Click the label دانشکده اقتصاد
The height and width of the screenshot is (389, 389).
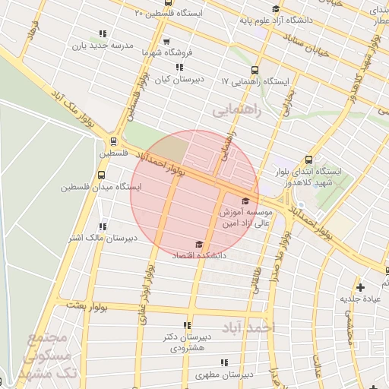[200, 256]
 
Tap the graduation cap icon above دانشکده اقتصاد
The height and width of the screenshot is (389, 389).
[199, 245]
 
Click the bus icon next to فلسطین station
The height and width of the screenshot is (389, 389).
[113, 141]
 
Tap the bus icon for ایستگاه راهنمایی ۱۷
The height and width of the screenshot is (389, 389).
[254, 69]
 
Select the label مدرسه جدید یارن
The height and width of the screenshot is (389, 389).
[103, 45]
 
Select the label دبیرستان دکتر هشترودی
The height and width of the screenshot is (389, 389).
[184, 341]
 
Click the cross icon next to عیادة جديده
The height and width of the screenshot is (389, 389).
[360, 287]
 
